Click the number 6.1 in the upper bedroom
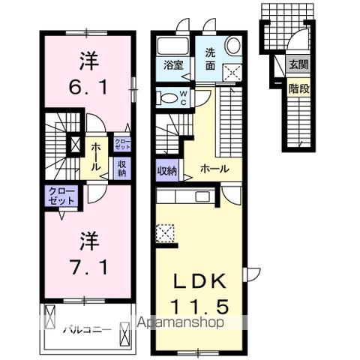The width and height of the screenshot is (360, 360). (87, 88)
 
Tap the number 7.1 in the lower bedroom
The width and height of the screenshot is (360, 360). (87, 266)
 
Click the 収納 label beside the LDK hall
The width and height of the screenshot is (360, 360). (167, 171)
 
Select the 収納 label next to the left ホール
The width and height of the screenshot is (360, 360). (121, 168)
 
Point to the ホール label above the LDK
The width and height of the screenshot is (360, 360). (216, 169)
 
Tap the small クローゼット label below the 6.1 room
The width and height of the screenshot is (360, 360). (121, 142)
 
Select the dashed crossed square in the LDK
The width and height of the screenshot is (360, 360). (166, 235)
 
